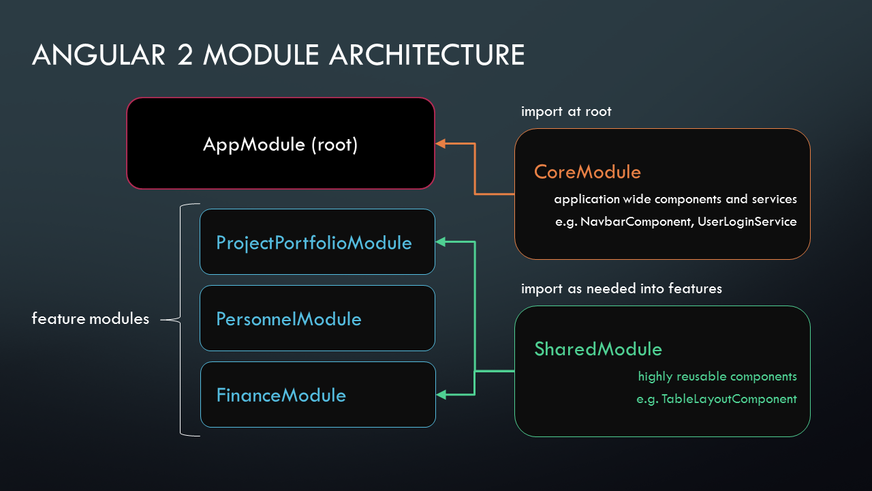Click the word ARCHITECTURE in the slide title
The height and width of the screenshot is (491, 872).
click(426, 55)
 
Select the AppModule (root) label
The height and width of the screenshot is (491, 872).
click(280, 145)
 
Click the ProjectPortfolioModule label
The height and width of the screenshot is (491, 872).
click(313, 243)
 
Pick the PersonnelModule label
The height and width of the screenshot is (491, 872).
click(288, 319)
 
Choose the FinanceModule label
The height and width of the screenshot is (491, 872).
click(281, 396)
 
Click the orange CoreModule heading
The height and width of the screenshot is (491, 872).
click(587, 172)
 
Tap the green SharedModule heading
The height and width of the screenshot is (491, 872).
click(597, 349)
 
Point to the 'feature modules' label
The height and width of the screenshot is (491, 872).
click(90, 319)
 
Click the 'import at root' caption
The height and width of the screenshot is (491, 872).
click(566, 111)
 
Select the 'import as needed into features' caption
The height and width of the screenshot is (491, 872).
click(621, 288)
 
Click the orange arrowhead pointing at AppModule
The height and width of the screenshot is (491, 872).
click(440, 143)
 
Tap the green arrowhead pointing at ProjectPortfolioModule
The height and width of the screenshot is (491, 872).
click(440, 241)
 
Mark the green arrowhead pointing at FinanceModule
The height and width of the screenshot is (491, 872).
click(440, 394)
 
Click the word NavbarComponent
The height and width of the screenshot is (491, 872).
click(637, 222)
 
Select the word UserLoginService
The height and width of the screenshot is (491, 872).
click(747, 222)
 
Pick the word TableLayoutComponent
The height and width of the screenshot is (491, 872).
click(729, 399)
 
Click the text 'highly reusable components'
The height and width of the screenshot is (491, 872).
click(717, 376)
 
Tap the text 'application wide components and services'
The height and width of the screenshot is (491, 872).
click(675, 200)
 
